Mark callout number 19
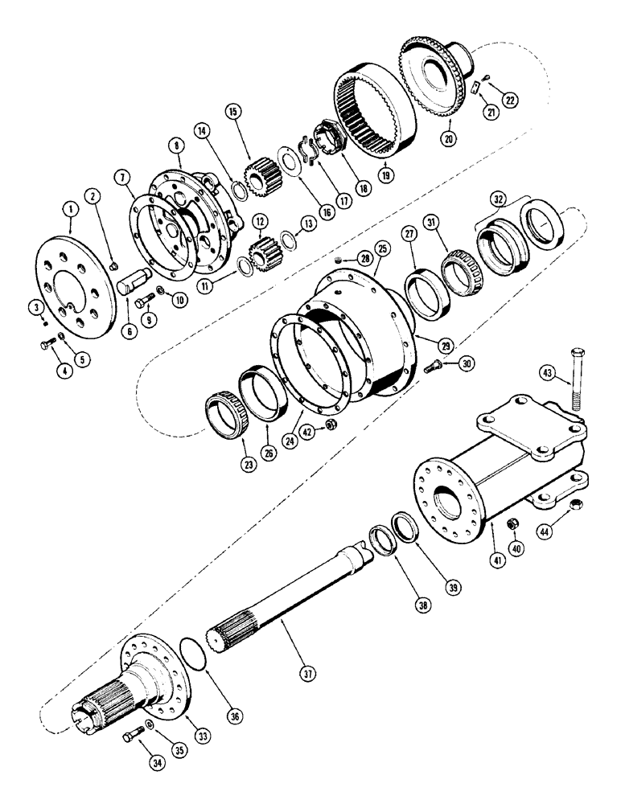tap(389, 171)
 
